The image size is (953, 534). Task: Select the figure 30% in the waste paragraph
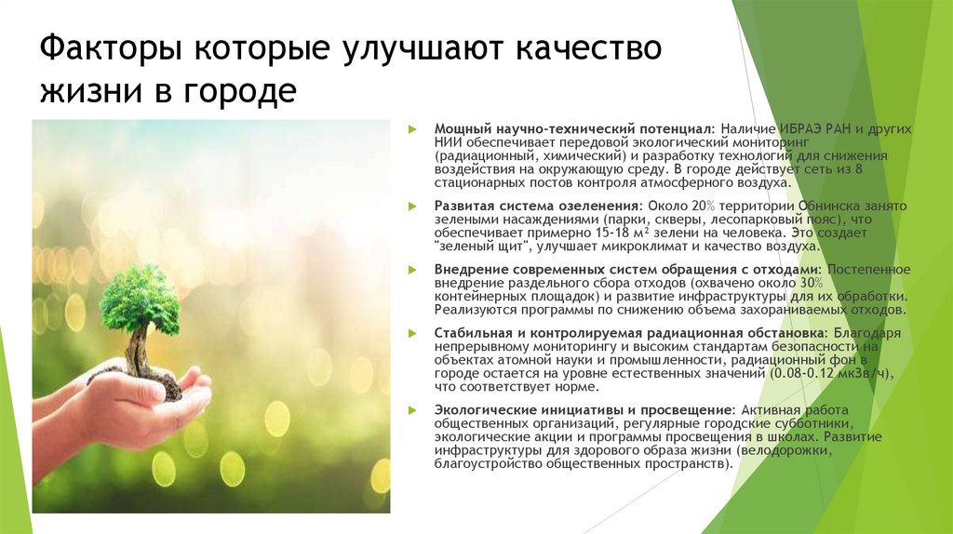[811, 282]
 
